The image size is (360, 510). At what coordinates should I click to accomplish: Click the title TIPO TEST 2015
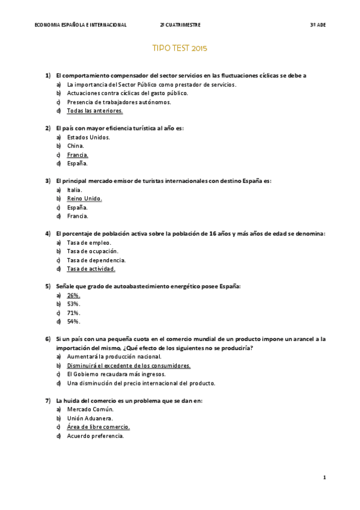180,48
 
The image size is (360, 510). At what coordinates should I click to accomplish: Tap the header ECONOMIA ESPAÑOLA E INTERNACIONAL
81,25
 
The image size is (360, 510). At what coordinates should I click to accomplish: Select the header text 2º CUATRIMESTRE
180,25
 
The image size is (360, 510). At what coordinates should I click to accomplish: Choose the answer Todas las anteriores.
95,111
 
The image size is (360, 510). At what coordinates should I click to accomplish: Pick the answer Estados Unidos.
88,137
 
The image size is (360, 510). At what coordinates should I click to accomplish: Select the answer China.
76,146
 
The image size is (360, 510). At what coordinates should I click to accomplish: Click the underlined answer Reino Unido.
85,198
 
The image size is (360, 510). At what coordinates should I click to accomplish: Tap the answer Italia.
75,190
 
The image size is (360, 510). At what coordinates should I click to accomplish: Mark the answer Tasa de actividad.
91,269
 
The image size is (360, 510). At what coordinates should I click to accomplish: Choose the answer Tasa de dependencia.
96,260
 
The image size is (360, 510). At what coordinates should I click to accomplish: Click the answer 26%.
74,295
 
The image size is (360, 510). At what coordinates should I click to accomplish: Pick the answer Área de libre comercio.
99,427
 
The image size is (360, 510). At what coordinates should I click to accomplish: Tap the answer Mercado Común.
90,409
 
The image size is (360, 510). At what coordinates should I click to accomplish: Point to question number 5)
47,286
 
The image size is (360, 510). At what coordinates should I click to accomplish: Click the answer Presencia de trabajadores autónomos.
119,102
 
